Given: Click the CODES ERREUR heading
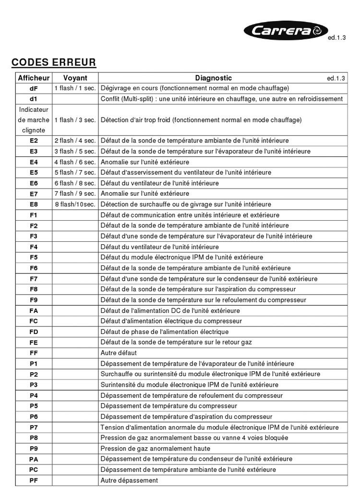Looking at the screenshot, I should (x=54, y=62).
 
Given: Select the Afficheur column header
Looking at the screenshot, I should (x=34, y=78).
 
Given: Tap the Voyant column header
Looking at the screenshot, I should (x=75, y=78).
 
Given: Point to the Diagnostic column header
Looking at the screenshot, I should (x=213, y=78).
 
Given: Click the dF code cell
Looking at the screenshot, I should (x=34, y=88).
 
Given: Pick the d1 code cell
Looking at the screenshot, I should (x=34, y=99).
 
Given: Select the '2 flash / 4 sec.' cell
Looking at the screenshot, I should (x=75, y=141).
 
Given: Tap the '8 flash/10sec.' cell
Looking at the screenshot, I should (x=75, y=204).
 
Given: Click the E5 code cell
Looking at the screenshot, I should (x=34, y=172).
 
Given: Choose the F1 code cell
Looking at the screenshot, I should (x=34, y=215).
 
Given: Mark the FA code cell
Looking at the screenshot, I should (x=34, y=310).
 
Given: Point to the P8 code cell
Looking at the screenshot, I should (x=34, y=438).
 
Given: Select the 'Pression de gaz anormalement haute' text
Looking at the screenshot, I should (x=155, y=449).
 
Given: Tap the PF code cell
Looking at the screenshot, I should (x=34, y=480).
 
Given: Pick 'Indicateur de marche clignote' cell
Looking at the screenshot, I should (x=34, y=120).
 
